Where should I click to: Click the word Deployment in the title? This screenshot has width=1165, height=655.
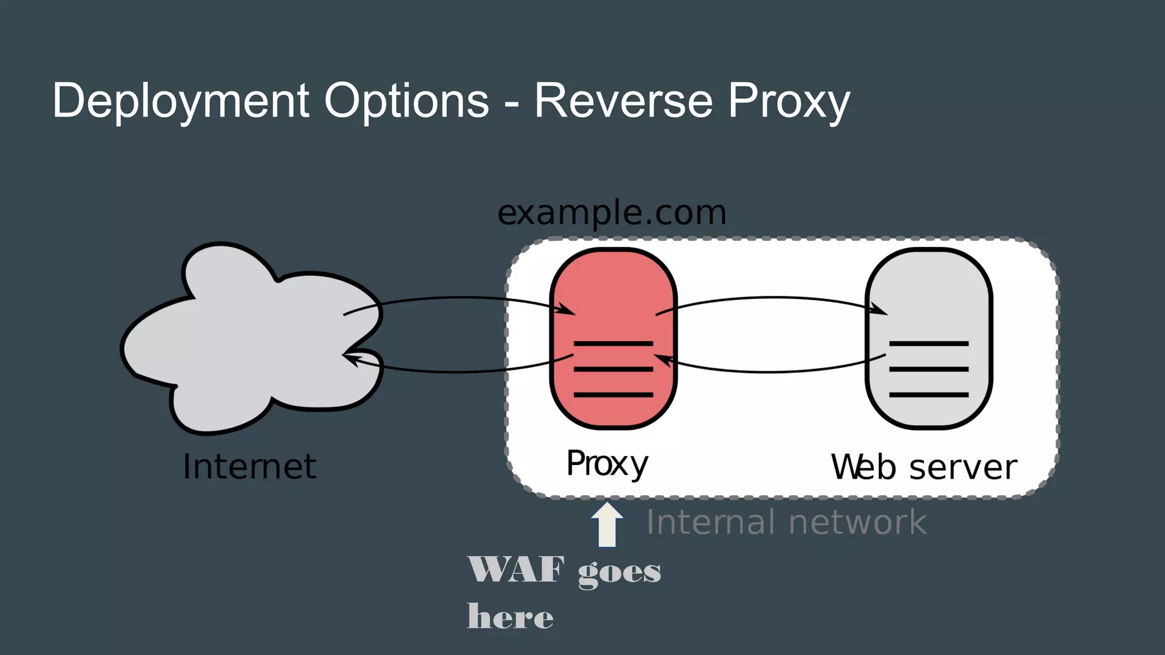click(x=181, y=101)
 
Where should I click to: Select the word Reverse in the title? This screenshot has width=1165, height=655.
click(x=623, y=101)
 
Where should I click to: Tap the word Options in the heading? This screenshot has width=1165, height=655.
click(x=406, y=101)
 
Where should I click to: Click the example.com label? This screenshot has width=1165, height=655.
click(x=612, y=213)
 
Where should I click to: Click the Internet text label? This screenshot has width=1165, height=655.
click(x=249, y=467)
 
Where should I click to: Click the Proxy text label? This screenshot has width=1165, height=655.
click(x=607, y=464)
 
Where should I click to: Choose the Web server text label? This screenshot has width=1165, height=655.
click(x=924, y=467)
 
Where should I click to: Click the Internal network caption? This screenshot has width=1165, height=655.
click(x=786, y=522)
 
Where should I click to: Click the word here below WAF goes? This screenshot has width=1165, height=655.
click(x=510, y=616)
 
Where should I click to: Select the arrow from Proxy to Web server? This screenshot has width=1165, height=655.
click(x=771, y=297)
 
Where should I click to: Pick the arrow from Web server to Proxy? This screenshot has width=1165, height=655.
click(x=771, y=372)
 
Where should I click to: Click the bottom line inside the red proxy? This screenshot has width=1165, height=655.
click(x=613, y=394)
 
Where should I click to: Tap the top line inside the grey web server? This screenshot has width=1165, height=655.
click(x=928, y=343)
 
